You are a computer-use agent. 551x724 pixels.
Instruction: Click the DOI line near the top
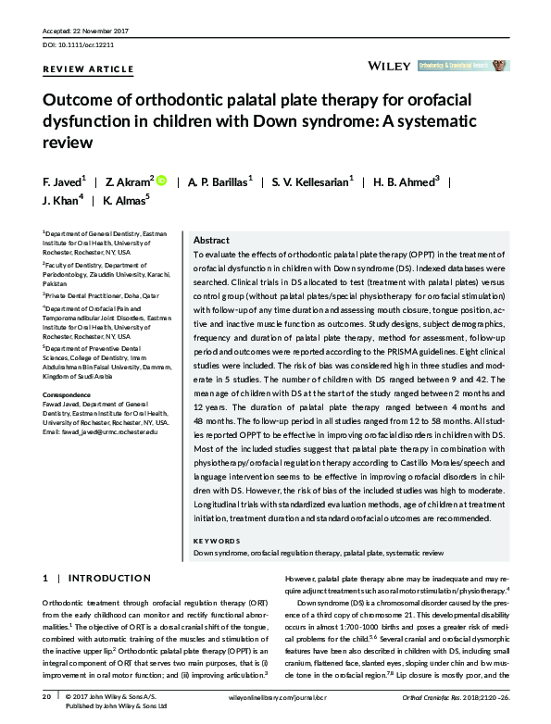coord(81,44)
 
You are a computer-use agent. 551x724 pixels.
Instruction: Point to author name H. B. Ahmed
coord(406,182)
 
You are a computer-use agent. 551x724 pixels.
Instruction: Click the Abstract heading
coord(211,239)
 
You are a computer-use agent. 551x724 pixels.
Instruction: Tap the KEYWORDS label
coord(216,541)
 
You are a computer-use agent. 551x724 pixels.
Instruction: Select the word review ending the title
coord(68,143)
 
